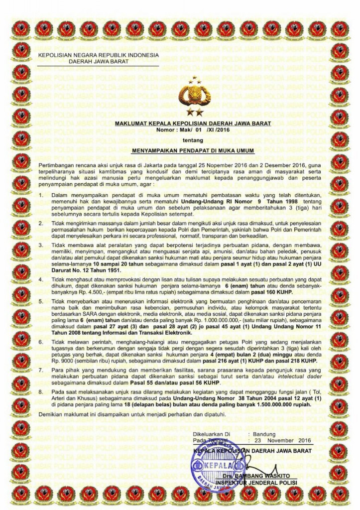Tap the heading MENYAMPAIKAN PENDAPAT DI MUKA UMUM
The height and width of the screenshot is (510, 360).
click(193, 150)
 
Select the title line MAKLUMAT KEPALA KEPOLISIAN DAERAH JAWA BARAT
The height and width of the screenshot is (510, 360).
click(193, 123)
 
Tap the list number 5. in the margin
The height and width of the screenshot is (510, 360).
click(42, 302)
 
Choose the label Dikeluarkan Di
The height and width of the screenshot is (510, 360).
click(212, 434)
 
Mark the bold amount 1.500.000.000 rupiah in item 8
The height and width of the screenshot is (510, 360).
click(280, 405)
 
